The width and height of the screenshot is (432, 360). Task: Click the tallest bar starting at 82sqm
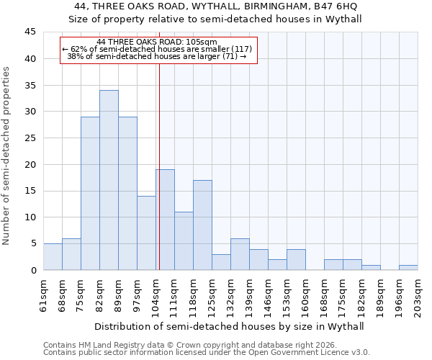click(x=109, y=180)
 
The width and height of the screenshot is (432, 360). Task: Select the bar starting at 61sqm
click(x=53, y=256)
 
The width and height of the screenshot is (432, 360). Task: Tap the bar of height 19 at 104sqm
click(x=166, y=220)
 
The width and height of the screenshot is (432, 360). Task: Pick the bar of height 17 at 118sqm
click(x=202, y=225)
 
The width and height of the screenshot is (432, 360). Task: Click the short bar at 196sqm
click(x=408, y=267)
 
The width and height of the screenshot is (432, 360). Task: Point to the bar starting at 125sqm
click(x=221, y=262)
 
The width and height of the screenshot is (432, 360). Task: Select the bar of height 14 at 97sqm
click(x=146, y=233)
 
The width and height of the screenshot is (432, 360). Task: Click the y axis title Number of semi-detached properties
click(x=7, y=156)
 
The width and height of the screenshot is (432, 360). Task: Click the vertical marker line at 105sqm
click(x=158, y=180)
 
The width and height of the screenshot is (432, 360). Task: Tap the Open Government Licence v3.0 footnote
click(x=207, y=353)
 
